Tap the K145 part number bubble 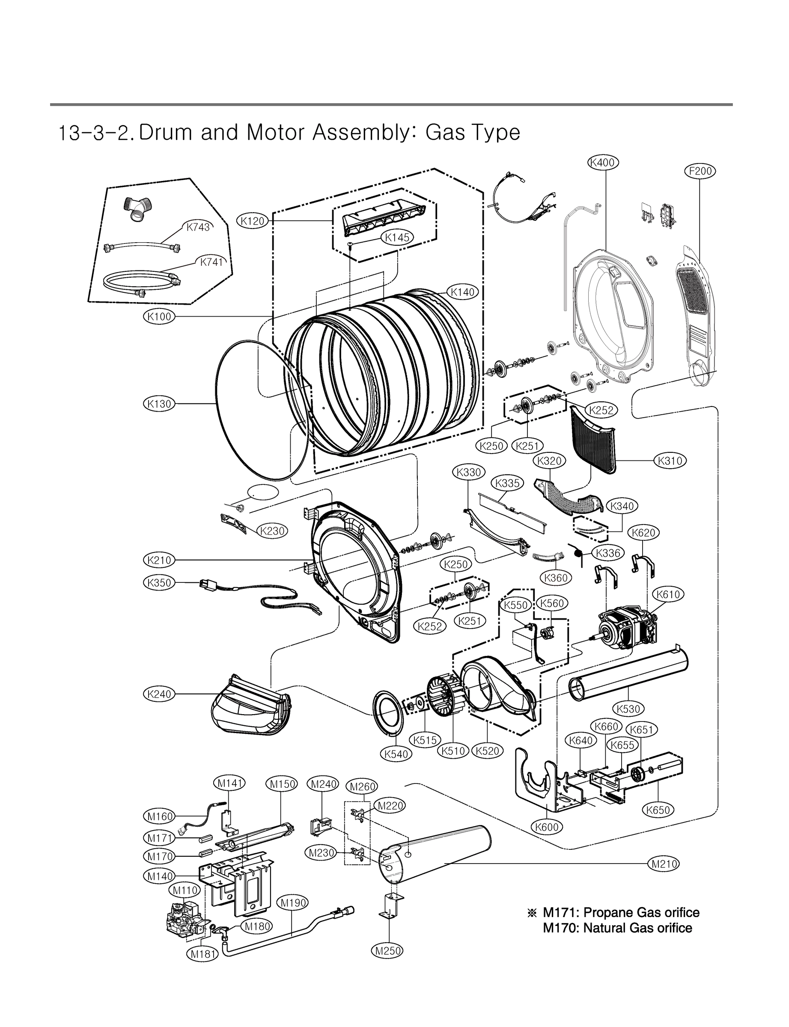(x=397, y=237)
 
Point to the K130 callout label (x=159, y=404)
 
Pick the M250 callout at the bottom (x=387, y=951)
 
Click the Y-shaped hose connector (x=137, y=209)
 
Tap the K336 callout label (x=608, y=553)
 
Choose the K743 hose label (x=198, y=227)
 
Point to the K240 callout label (x=159, y=694)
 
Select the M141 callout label (x=229, y=783)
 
